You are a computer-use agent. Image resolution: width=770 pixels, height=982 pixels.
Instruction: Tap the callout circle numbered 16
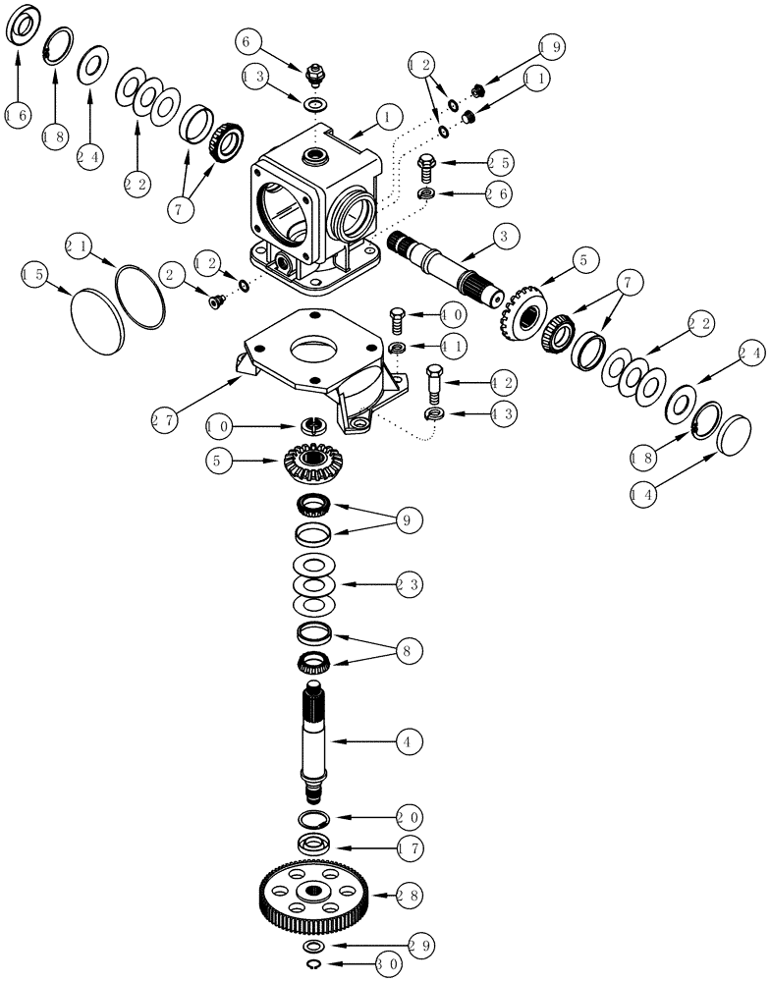(x=15, y=115)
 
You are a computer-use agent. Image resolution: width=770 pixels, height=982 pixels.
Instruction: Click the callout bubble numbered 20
(x=409, y=817)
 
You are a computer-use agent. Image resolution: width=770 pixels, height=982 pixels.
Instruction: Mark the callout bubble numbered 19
(x=550, y=47)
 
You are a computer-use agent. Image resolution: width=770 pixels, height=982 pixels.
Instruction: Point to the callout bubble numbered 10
(x=221, y=427)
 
